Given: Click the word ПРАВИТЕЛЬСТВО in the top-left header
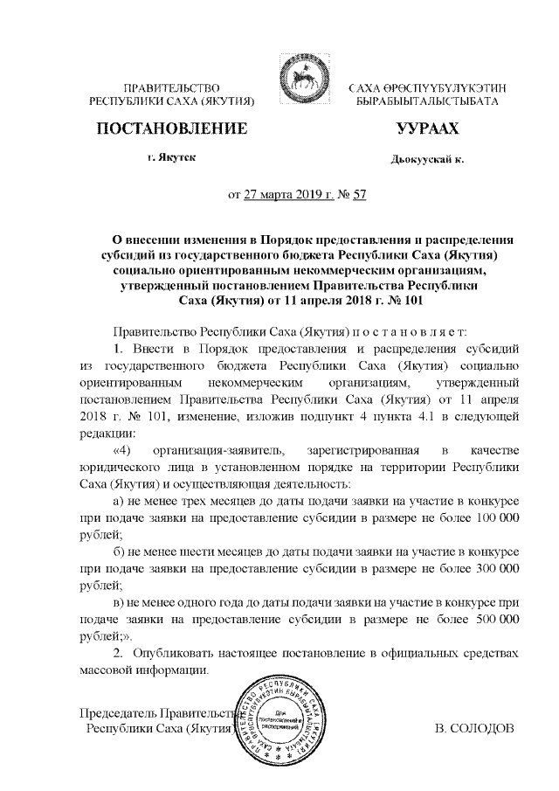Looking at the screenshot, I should (172, 88).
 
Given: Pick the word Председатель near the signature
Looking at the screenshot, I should (120, 711).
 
